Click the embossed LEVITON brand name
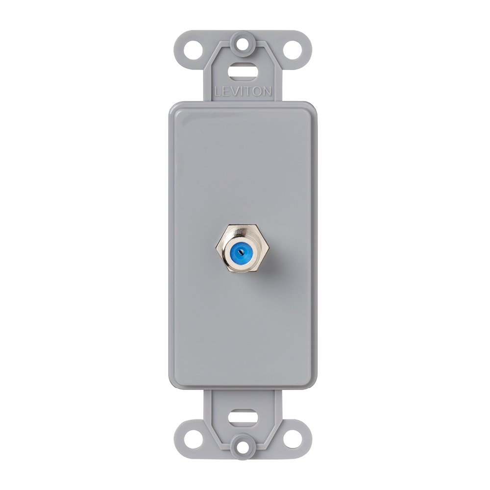tap(245, 91)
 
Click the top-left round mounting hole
tap(193, 49)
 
